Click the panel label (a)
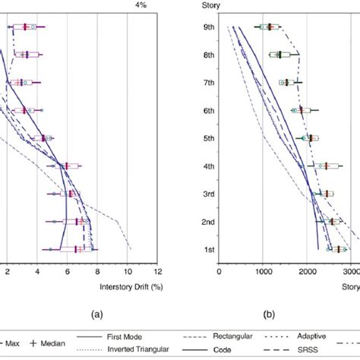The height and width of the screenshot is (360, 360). (96, 313)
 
